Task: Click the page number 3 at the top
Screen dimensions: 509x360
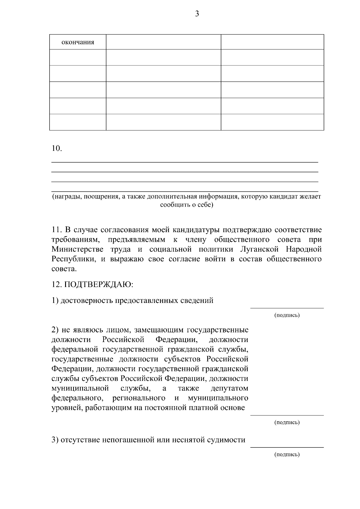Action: (197, 14)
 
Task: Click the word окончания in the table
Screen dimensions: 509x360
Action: (78, 42)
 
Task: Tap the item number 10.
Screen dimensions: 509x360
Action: (57, 148)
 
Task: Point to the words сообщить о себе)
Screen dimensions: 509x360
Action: (187, 205)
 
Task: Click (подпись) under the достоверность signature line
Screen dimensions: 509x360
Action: (287, 315)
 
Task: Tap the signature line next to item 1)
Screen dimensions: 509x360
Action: (287, 308)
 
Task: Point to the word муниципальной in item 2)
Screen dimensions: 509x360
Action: (80, 388)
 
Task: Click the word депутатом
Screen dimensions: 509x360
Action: (229, 388)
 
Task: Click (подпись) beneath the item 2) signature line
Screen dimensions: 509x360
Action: (287, 423)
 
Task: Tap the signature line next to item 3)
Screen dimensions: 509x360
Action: (287, 447)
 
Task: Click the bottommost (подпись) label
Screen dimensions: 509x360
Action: (287, 454)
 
